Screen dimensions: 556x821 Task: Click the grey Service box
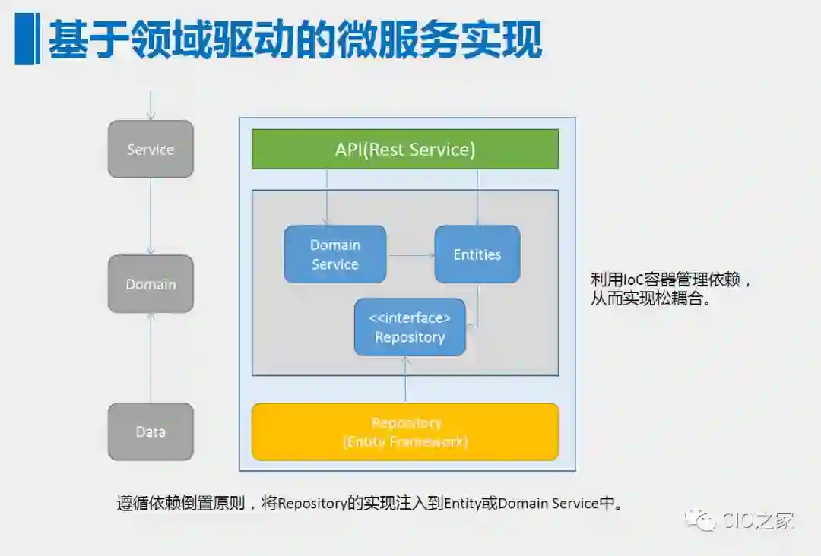click(151, 150)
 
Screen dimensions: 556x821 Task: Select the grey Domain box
click(151, 284)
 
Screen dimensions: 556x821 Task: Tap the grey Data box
click(151, 431)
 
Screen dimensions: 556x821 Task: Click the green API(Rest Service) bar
click(405, 150)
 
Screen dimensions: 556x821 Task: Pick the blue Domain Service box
click(335, 254)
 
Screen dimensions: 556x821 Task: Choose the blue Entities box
click(477, 254)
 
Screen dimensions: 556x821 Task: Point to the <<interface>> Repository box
click(410, 327)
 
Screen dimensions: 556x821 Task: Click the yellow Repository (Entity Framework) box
click(405, 431)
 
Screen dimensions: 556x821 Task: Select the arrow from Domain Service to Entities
click(410, 255)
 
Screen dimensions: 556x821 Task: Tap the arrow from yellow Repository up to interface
click(406, 380)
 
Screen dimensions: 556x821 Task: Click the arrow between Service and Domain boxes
click(151, 216)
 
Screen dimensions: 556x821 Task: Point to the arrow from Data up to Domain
click(151, 357)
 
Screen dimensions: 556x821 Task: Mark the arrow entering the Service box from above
click(151, 106)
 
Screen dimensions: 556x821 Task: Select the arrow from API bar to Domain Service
click(327, 197)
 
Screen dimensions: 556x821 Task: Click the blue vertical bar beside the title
click(25, 39)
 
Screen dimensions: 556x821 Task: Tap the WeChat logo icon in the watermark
click(700, 520)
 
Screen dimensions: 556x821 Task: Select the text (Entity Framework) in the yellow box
click(405, 441)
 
